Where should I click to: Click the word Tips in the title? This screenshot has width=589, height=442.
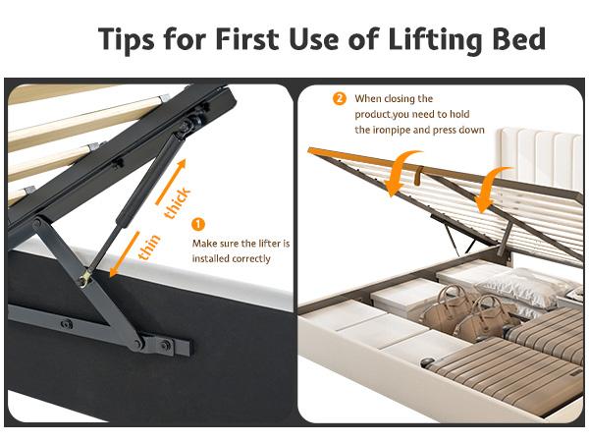(x=126, y=39)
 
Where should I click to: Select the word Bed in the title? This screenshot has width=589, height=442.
(x=519, y=38)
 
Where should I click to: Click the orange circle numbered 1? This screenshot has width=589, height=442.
(x=198, y=224)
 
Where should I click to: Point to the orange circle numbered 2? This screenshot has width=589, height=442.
(x=340, y=98)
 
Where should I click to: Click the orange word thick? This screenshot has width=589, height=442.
(x=178, y=202)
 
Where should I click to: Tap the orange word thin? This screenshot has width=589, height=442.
(x=149, y=247)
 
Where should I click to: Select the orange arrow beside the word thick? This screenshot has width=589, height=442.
(x=171, y=182)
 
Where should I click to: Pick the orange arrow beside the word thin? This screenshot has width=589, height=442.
(x=125, y=254)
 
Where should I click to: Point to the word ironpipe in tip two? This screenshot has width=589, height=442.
(x=392, y=130)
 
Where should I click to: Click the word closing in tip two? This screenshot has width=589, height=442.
(x=395, y=99)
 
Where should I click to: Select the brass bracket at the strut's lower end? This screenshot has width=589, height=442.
(x=86, y=278)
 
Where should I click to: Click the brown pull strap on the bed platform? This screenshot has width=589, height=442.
(x=418, y=175)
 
